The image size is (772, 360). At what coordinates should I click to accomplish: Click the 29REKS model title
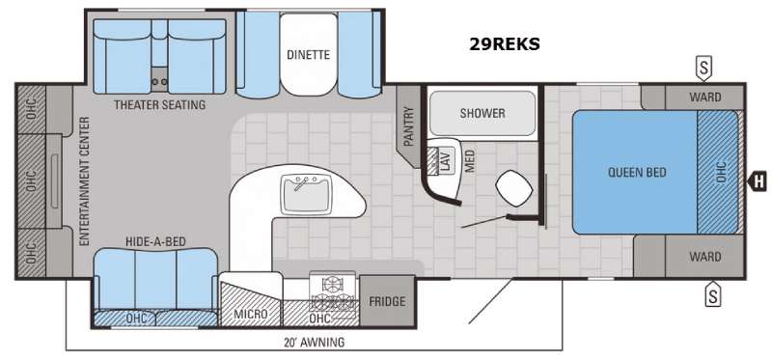pyautogui.click(x=504, y=44)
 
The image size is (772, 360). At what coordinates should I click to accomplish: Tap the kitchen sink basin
pyautogui.click(x=305, y=195)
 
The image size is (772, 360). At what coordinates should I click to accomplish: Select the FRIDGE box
pyautogui.click(x=388, y=301)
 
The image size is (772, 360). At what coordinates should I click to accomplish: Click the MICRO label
pyautogui.click(x=251, y=315)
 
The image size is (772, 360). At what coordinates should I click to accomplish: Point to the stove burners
pyautogui.click(x=333, y=292)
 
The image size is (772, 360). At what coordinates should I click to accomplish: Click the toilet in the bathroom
pyautogui.click(x=514, y=188)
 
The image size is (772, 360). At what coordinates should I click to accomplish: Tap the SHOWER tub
pyautogui.click(x=482, y=113)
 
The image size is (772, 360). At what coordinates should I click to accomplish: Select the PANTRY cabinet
pyautogui.click(x=408, y=126)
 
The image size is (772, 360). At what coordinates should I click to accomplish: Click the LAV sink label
pyautogui.click(x=447, y=160)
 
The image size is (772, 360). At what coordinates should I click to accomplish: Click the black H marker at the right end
pyautogui.click(x=758, y=181)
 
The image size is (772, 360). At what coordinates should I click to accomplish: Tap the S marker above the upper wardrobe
pyautogui.click(x=703, y=69)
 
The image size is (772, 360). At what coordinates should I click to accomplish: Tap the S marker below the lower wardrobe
pyautogui.click(x=712, y=294)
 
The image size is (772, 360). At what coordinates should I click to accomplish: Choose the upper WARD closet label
pyautogui.click(x=705, y=97)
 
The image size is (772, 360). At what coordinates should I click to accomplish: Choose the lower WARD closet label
pyautogui.click(x=705, y=257)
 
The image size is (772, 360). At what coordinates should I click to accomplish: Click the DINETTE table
pyautogui.click(x=309, y=55)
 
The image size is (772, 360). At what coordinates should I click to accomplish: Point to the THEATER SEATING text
pyautogui.click(x=159, y=105)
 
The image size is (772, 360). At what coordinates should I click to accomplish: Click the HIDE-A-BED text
pyautogui.click(x=155, y=241)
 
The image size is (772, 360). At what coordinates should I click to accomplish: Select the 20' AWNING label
pyautogui.click(x=315, y=342)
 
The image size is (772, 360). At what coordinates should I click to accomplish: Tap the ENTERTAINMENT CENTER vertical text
pyautogui.click(x=84, y=181)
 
